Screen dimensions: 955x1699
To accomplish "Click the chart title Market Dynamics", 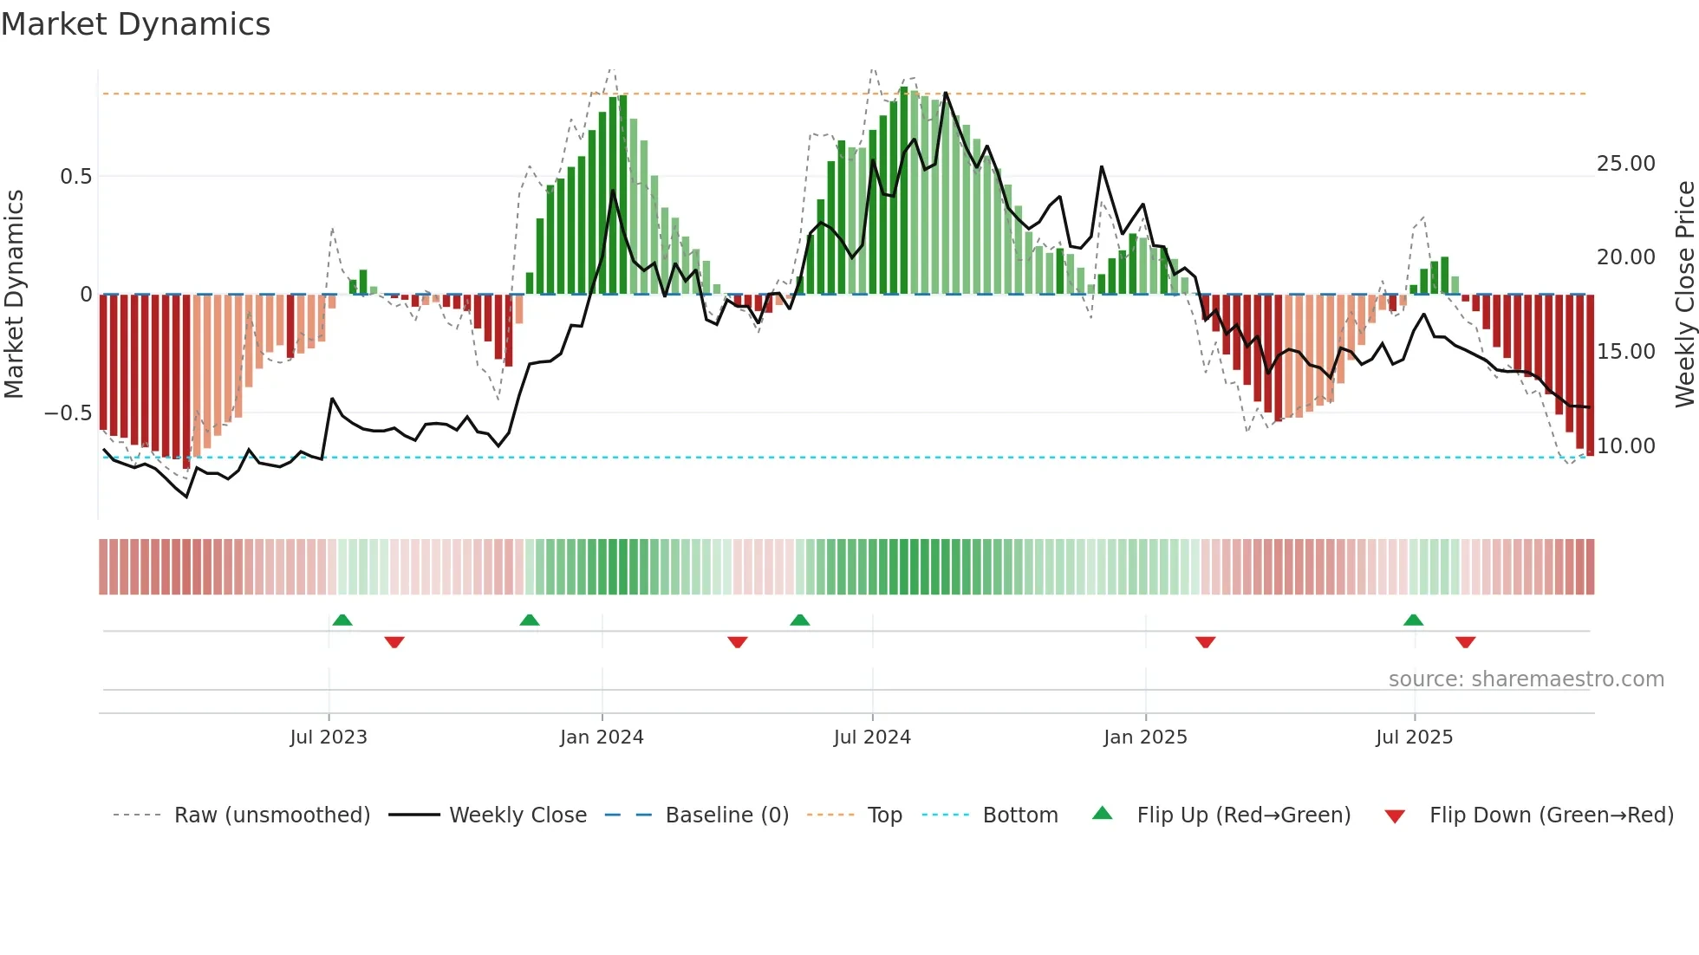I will pos(135,24).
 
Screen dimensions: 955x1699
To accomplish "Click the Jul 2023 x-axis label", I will pos(329,737).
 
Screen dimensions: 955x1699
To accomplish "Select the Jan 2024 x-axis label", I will pos(602,737).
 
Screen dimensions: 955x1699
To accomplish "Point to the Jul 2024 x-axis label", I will pos(872,737).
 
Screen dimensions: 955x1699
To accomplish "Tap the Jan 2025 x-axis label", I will pos(1145,737).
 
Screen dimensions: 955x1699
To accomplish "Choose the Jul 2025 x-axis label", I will pos(1414,737).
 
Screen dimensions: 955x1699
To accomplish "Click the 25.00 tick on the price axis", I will pos(1625,164).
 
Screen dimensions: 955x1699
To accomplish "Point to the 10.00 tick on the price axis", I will pos(1625,446).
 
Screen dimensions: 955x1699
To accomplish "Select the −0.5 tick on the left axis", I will pos(68,413).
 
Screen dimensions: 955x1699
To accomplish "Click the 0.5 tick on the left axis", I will pos(75,177).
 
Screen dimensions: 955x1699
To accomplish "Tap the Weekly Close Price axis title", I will pos(1684,295).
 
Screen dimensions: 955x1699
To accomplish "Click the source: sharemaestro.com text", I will pos(1526,679).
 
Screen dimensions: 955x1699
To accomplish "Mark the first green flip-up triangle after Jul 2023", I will pos(342,620).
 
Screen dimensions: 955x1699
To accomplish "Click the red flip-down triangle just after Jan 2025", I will pos(1205,642).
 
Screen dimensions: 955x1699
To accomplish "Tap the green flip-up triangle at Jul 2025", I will pos(1413,620).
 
